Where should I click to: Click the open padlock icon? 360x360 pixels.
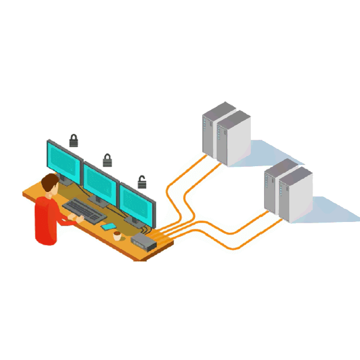tap(142, 182)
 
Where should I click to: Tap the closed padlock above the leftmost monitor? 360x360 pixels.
tap(74, 141)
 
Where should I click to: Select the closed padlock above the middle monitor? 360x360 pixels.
tap(107, 160)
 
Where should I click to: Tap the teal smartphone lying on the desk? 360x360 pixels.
tap(109, 227)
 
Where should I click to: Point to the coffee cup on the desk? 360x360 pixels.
tap(117, 236)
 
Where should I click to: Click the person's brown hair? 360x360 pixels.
tap(49, 183)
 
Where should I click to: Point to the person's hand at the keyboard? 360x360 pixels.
tap(79, 220)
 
